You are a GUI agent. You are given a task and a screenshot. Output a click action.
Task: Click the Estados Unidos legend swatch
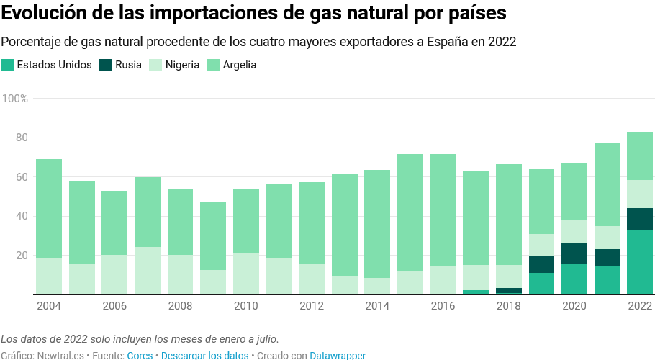tap(8, 65)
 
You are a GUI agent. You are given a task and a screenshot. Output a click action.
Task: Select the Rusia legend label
tap(128, 65)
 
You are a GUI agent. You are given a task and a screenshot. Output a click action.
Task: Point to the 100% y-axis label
tap(15, 98)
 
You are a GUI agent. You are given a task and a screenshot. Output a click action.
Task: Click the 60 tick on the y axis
tap(22, 177)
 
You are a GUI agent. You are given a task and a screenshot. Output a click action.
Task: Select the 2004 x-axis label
tap(48, 306)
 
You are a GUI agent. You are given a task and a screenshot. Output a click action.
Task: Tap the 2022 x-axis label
tap(640, 306)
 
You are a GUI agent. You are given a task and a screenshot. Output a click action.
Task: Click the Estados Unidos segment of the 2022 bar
tap(640, 262)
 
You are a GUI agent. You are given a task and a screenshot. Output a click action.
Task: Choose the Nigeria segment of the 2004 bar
tap(48, 276)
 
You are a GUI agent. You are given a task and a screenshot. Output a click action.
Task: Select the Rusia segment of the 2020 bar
tap(574, 253)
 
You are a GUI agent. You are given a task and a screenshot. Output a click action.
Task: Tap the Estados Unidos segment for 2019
tap(541, 284)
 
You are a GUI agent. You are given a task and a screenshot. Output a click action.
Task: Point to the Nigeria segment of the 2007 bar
tap(148, 271)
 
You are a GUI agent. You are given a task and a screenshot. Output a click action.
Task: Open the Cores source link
tap(140, 356)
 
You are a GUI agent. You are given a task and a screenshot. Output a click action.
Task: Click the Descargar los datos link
tap(204, 356)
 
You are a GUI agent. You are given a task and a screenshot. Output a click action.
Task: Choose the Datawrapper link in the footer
tap(338, 356)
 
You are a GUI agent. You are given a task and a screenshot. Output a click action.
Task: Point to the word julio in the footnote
tap(263, 339)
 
